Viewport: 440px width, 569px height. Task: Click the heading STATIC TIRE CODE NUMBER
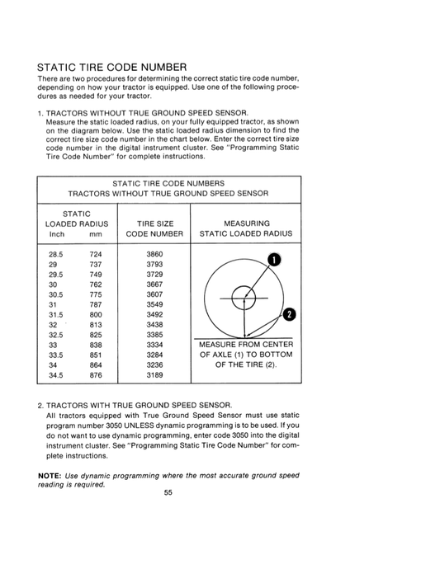click(112, 68)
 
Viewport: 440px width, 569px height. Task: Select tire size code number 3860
click(154, 254)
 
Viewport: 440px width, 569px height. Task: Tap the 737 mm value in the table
click(96, 265)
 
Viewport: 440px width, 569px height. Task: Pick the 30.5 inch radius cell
click(55, 294)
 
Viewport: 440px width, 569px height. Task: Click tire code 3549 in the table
click(154, 305)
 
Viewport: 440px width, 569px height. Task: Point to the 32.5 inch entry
click(55, 335)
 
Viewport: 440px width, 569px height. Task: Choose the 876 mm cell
click(96, 375)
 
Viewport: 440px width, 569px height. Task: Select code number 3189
click(154, 375)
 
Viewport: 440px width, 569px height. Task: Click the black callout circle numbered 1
click(274, 260)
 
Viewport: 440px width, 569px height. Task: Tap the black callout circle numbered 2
click(289, 314)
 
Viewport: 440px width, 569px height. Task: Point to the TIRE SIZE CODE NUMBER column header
click(154, 228)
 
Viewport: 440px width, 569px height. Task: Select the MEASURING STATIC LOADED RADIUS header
click(246, 228)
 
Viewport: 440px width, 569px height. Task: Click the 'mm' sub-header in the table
click(96, 234)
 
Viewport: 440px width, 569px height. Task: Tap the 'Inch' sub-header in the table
click(57, 234)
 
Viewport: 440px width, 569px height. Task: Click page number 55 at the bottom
click(168, 492)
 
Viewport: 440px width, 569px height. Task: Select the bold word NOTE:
click(50, 476)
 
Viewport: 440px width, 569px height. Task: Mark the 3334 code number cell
click(154, 345)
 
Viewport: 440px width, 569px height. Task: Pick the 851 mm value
click(96, 355)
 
